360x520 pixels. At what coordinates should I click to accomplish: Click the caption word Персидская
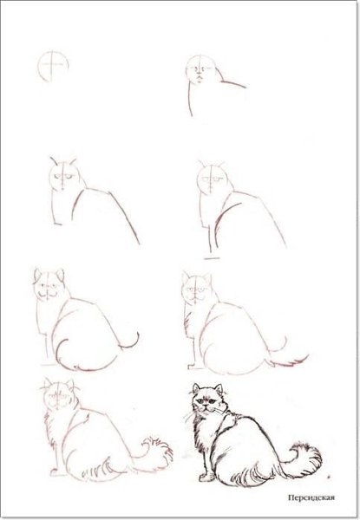point(311,497)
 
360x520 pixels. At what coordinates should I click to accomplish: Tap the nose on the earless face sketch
point(199,73)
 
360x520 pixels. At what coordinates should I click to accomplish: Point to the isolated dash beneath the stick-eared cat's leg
point(212,258)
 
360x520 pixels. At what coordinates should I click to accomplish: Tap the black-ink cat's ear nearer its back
point(218,389)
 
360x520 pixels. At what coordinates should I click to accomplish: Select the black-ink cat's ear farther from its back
point(196,388)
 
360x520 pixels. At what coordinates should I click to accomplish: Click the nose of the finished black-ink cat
point(206,406)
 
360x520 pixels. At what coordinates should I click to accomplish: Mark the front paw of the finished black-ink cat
point(206,478)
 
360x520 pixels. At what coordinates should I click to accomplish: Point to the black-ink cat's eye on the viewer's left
point(200,401)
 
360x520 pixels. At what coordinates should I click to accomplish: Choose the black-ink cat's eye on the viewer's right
point(212,402)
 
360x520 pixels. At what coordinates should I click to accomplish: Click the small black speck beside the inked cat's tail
point(328,477)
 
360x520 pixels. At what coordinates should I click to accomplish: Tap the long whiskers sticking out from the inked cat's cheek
point(189,416)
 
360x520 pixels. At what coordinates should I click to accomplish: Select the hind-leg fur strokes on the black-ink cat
point(252,475)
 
